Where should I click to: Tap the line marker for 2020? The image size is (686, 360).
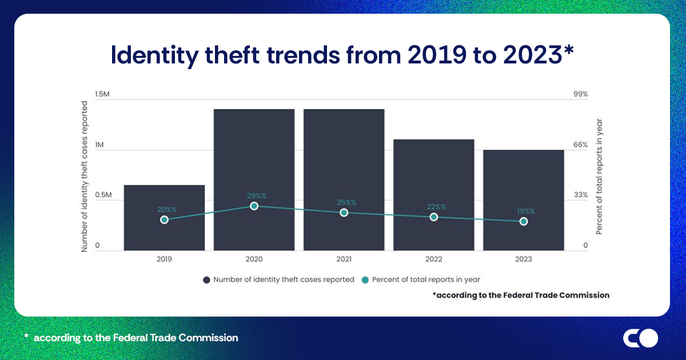pos(254,206)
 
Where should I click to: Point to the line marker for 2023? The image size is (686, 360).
pos(523,221)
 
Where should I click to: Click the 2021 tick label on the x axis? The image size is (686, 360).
pos(344,259)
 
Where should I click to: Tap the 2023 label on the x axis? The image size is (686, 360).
pos(523,259)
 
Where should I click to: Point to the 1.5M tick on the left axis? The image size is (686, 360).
pos(102,94)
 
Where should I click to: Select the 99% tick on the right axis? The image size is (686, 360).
pos(581,94)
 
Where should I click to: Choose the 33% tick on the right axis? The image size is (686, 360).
pos(581,195)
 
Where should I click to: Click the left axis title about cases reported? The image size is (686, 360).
pos(85,176)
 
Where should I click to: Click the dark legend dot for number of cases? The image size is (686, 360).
pos(206,280)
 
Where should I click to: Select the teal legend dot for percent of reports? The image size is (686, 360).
pos(365,280)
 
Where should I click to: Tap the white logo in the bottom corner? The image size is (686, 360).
pos(640,338)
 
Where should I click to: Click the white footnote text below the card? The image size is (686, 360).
pos(131,338)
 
